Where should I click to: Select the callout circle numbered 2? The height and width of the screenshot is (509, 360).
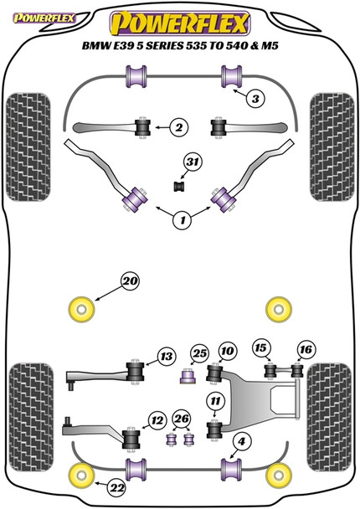click(x=178, y=127)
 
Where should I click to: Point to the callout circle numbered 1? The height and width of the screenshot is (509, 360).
click(x=180, y=221)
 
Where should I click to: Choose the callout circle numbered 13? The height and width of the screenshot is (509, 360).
click(x=165, y=358)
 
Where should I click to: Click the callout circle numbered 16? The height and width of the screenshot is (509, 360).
click(x=305, y=348)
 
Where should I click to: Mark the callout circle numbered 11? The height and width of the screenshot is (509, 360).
click(x=216, y=400)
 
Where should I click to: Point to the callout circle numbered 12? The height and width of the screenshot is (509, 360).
click(x=157, y=420)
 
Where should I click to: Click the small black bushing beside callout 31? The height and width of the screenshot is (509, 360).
click(x=177, y=183)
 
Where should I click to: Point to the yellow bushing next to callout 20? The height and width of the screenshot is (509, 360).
click(x=82, y=308)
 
